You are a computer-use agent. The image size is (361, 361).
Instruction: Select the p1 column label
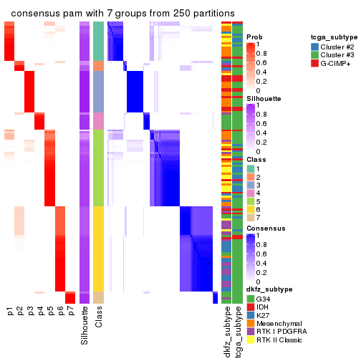click(x=10, y=312)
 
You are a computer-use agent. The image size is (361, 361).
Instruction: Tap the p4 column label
click(x=40, y=312)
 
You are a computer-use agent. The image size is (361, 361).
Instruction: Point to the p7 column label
click(x=70, y=312)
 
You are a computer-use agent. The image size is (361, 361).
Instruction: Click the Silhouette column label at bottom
click(x=85, y=322)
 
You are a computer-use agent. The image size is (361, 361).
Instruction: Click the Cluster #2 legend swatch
click(x=314, y=46)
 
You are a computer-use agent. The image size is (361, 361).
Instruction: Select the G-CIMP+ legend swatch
click(x=314, y=63)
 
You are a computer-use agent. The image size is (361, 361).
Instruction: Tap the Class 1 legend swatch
click(x=250, y=168)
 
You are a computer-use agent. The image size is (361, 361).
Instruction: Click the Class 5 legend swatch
click(x=250, y=202)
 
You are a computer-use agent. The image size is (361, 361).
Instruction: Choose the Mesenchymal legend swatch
click(x=250, y=324)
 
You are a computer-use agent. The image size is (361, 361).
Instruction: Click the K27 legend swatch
click(x=250, y=315)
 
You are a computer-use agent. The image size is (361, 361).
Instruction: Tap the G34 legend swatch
click(x=250, y=298)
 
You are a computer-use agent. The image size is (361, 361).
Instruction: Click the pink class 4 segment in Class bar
click(x=99, y=121)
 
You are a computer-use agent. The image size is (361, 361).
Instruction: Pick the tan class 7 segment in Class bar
click(x=99, y=297)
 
